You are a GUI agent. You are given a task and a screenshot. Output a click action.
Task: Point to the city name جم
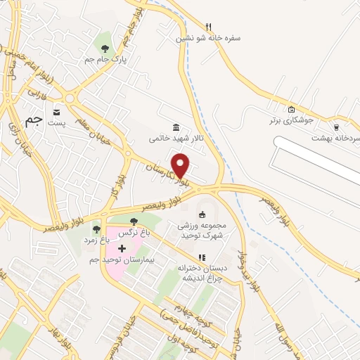[33, 121]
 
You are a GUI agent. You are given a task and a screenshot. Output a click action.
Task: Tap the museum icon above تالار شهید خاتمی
[175, 128]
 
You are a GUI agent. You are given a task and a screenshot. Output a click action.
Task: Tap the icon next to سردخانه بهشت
[337, 127]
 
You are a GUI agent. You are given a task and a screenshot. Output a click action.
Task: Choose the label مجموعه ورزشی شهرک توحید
[202, 231]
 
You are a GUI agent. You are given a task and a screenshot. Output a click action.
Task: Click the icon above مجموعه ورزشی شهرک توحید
[202, 214]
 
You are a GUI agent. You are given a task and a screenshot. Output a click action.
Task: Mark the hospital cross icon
[122, 248]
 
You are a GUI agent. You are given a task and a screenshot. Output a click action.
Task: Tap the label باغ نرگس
[134, 232]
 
